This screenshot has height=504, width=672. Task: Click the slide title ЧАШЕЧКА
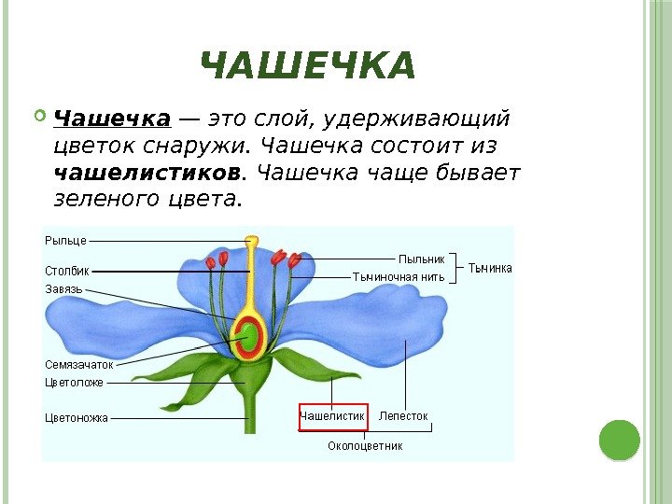click(x=307, y=67)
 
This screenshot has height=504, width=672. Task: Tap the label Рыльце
click(x=65, y=240)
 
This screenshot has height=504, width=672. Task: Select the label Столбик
click(x=67, y=271)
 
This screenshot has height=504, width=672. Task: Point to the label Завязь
click(x=64, y=289)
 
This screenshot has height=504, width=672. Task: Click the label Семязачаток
click(x=78, y=365)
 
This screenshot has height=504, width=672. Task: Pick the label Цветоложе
click(x=74, y=383)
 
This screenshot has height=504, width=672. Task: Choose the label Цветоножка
click(x=77, y=417)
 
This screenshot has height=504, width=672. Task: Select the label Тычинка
click(x=489, y=268)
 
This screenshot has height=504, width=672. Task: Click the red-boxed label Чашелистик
click(x=332, y=415)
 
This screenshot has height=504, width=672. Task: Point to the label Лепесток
click(x=403, y=415)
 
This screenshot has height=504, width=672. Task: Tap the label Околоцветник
click(x=365, y=446)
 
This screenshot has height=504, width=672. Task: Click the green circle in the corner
click(x=619, y=440)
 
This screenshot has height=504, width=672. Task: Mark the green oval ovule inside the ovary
click(x=250, y=336)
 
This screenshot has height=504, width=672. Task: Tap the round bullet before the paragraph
click(x=39, y=118)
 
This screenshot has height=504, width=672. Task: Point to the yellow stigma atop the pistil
click(x=252, y=242)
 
